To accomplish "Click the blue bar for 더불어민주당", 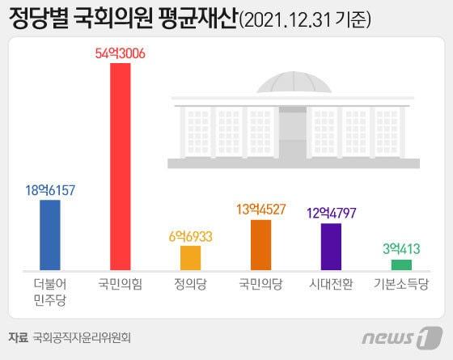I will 50,235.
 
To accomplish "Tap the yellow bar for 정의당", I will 190,257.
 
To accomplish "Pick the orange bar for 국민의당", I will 260,244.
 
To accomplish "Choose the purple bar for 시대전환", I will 332,246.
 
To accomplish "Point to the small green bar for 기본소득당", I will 401,265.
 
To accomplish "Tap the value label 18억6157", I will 50,190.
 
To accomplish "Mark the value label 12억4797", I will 332,214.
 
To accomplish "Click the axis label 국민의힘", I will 120,285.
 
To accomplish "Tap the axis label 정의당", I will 190,285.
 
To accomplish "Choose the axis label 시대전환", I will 332,285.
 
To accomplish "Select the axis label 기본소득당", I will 401,285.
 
